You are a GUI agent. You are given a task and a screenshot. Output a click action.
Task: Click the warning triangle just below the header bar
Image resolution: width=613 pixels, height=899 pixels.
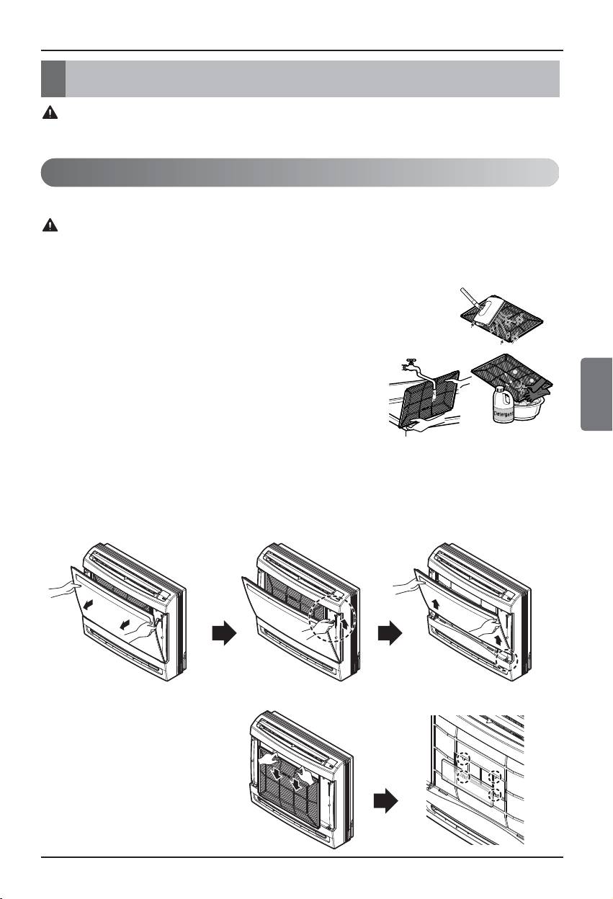(x=50, y=112)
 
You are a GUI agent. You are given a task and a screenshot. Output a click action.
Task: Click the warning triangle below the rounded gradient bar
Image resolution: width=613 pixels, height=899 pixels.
(x=50, y=225)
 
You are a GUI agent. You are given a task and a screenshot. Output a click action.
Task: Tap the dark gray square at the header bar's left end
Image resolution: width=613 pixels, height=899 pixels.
(x=53, y=79)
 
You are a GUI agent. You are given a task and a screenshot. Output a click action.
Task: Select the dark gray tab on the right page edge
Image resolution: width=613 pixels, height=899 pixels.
(x=596, y=394)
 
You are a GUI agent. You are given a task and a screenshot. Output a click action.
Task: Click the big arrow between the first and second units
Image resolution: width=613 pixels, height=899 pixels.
(x=224, y=633)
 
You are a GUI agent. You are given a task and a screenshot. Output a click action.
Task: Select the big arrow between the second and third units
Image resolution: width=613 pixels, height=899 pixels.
(x=390, y=633)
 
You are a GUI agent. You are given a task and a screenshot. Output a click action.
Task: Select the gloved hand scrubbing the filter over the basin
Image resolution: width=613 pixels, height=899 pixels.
(x=535, y=392)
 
